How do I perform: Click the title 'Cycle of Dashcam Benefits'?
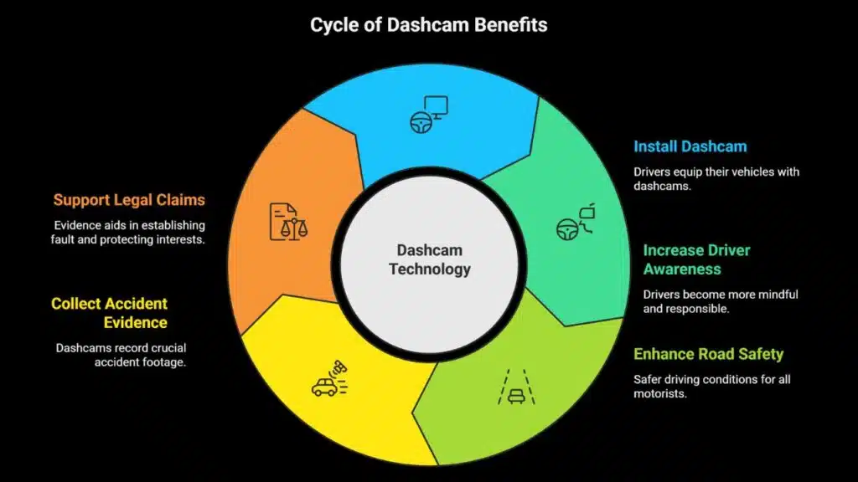[429, 24]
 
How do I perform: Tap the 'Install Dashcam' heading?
[690, 146]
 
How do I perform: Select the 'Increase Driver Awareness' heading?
[696, 259]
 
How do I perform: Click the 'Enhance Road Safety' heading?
[708, 354]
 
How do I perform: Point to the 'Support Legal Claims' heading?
[129, 200]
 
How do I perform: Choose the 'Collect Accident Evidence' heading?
[110, 313]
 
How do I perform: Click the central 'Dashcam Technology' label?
[430, 259]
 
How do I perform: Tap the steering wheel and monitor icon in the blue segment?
[428, 114]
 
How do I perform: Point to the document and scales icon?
[287, 221]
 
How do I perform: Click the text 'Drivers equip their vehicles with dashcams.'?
[716, 179]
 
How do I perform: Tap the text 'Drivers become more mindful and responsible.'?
[721, 301]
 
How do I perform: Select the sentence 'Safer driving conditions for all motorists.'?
[711, 386]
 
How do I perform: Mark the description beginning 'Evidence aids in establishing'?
[129, 232]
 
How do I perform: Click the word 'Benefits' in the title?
[509, 24]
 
